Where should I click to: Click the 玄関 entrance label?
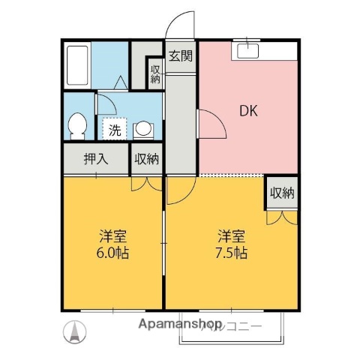(180, 55)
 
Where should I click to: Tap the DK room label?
(250, 111)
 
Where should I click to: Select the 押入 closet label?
(95, 158)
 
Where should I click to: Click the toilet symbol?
(76, 126)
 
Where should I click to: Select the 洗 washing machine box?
(115, 129)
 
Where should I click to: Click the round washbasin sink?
(142, 129)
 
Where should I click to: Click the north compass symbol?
(75, 329)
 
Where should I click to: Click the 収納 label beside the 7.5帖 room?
(283, 193)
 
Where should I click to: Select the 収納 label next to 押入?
(147, 158)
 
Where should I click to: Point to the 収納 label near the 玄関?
(155, 73)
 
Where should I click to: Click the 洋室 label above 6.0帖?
(112, 235)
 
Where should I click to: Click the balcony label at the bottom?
(240, 327)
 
